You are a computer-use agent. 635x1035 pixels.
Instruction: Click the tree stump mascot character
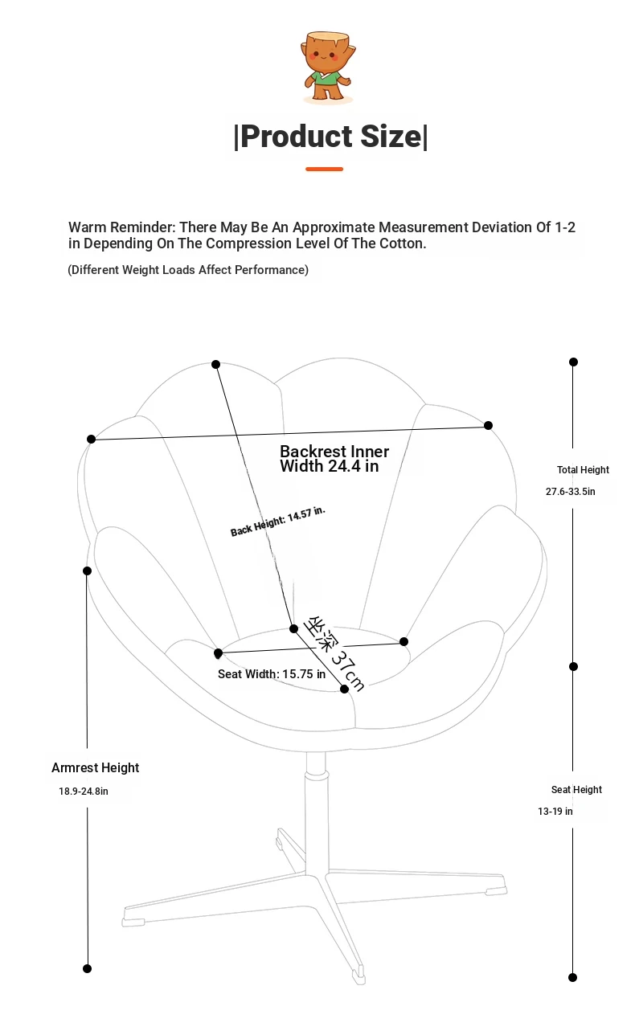click(329, 67)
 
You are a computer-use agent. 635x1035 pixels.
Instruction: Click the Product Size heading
click(330, 137)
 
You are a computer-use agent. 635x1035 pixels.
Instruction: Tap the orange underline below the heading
click(324, 169)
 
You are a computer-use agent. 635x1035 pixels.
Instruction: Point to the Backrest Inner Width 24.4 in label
click(334, 458)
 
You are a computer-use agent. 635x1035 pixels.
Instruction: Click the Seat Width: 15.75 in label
click(272, 674)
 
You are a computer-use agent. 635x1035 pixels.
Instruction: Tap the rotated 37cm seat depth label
click(334, 653)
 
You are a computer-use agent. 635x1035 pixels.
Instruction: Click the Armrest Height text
click(95, 767)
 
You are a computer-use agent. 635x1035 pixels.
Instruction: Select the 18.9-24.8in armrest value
click(83, 791)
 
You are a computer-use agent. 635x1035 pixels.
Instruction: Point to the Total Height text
click(583, 470)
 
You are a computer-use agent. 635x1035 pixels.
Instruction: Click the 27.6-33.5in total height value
click(571, 491)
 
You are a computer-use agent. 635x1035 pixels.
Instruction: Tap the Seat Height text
click(576, 790)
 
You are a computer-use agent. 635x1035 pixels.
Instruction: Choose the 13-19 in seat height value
click(555, 812)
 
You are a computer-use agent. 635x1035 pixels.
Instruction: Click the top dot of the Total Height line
click(574, 362)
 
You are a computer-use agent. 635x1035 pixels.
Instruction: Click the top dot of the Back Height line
click(215, 365)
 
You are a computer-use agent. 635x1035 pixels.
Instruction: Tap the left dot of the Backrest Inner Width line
click(91, 439)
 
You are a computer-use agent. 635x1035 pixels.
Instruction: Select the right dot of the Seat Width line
click(404, 641)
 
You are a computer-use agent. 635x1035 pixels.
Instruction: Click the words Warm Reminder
click(122, 227)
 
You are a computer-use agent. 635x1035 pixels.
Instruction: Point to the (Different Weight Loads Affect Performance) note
click(188, 270)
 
